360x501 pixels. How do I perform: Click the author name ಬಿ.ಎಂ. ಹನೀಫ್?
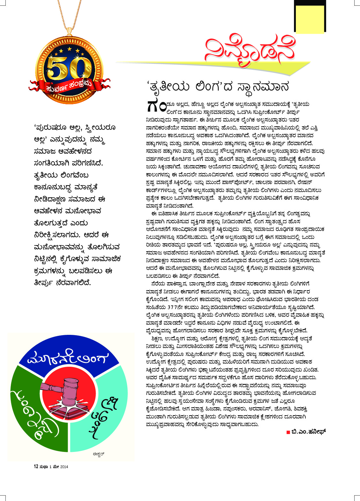pos(308,432)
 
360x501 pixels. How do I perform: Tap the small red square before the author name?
pos(288,432)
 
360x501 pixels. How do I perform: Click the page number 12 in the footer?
pos(36,467)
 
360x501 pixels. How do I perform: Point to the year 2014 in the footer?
pos(64,467)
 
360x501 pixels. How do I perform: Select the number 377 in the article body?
pos(173,307)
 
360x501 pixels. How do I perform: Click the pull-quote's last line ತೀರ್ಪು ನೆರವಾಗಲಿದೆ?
pos(63,283)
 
